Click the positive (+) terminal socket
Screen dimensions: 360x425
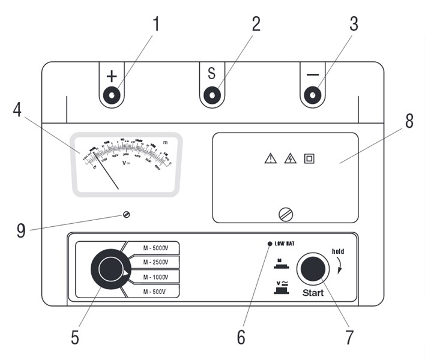(x=112, y=95)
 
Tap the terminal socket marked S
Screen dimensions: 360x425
(x=211, y=95)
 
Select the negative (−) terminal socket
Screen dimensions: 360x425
(x=312, y=95)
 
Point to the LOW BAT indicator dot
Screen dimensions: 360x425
(x=270, y=244)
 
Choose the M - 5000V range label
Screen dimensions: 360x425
(x=155, y=248)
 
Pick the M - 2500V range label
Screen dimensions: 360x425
(x=155, y=262)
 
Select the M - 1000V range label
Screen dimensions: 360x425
(x=155, y=277)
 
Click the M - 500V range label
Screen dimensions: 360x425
(x=155, y=291)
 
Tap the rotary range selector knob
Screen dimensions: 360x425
(x=110, y=269)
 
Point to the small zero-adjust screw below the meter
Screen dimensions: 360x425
(x=126, y=215)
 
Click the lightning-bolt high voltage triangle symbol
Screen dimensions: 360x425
(x=291, y=159)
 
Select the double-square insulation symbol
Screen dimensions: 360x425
(x=309, y=159)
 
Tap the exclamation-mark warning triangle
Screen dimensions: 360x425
(x=271, y=159)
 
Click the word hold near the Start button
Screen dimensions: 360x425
(x=338, y=251)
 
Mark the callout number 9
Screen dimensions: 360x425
(x=21, y=231)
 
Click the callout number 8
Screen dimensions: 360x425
(x=409, y=121)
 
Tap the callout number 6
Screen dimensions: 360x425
(x=241, y=337)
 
